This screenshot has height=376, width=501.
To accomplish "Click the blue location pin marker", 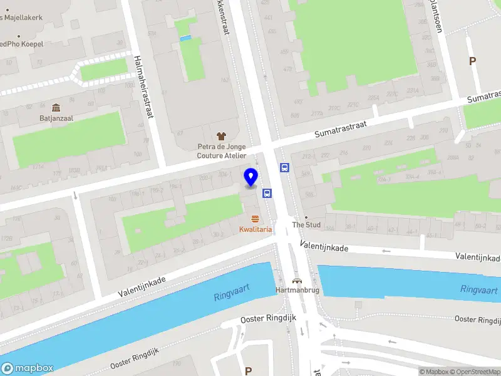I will pyautogui.click(x=251, y=177).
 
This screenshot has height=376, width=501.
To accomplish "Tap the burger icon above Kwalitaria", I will pyautogui.click(x=255, y=219).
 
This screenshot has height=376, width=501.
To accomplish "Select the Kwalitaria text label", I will pyautogui.click(x=255, y=230).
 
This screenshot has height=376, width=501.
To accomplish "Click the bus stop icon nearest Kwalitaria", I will pyautogui.click(x=267, y=193).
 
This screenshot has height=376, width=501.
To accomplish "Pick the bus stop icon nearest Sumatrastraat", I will pyautogui.click(x=284, y=167).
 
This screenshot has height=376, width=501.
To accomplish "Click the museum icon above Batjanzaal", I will pyautogui.click(x=56, y=107).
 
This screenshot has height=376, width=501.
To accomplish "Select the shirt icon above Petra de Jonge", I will pyautogui.click(x=220, y=135).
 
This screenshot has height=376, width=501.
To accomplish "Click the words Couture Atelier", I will pyautogui.click(x=221, y=155).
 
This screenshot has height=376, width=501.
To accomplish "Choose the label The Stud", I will pyautogui.click(x=306, y=224).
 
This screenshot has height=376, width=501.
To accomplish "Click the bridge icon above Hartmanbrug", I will pyautogui.click(x=296, y=281).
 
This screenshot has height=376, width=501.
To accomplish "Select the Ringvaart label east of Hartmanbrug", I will pyautogui.click(x=479, y=290).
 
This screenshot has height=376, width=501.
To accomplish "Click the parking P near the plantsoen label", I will pyautogui.click(x=473, y=61).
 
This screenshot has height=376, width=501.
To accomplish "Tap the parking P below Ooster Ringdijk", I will pyautogui.click(x=249, y=371).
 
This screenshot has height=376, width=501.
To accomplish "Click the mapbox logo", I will pyautogui.click(x=28, y=368).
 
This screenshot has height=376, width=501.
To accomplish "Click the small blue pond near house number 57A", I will pyautogui.click(x=185, y=38).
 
